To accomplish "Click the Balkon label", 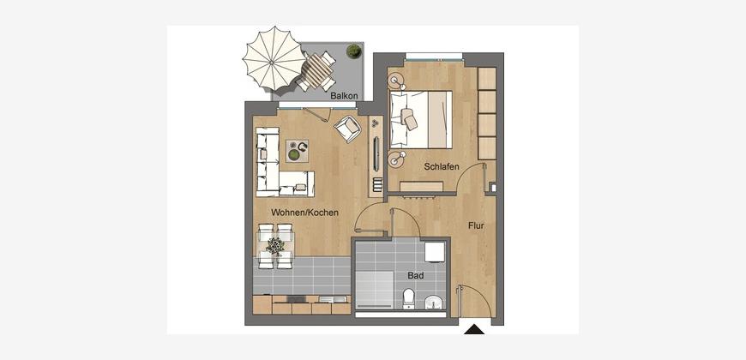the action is pyautogui.click(x=345, y=96).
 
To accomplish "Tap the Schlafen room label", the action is pyautogui.click(x=442, y=166).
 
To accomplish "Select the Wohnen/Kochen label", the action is pyautogui.click(x=305, y=213).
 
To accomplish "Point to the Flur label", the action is pyautogui.click(x=476, y=226).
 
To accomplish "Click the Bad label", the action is pyautogui.click(x=415, y=275).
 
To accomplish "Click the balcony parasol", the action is pyautogui.click(x=274, y=58).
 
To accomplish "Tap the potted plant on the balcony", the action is pyautogui.click(x=353, y=51).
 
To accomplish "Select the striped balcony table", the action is pyautogui.click(x=317, y=70).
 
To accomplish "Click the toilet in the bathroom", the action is pyautogui.click(x=409, y=299).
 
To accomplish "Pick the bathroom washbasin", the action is pyautogui.click(x=433, y=302).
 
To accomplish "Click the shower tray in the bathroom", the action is pyautogui.click(x=375, y=290).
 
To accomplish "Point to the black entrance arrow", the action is pyautogui.click(x=474, y=329).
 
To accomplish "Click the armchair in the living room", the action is pyautogui.click(x=348, y=129).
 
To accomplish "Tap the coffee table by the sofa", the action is pyautogui.click(x=297, y=151).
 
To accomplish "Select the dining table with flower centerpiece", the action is pyautogui.click(x=275, y=246).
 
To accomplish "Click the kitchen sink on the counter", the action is pyautogui.click(x=329, y=299).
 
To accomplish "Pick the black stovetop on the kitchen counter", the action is pyautogui.click(x=297, y=299).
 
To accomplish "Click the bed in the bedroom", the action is pyautogui.click(x=421, y=119).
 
